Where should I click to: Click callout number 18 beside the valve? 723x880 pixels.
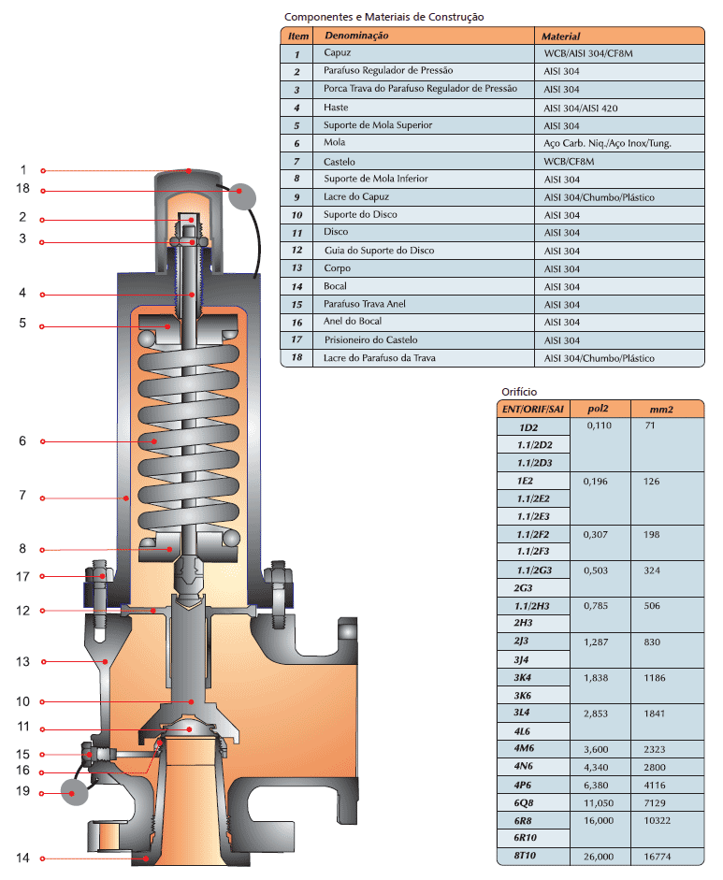(23, 189)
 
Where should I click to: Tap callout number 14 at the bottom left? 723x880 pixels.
(23, 858)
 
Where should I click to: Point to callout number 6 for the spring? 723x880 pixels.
(23, 440)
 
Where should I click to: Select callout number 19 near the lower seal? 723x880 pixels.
(23, 791)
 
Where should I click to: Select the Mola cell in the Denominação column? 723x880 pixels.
(334, 143)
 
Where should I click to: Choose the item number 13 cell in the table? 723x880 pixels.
(296, 268)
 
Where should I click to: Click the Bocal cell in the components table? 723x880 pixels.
(336, 286)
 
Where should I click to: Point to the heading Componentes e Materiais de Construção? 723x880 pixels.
(383, 17)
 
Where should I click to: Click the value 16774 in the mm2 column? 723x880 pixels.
(659, 856)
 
